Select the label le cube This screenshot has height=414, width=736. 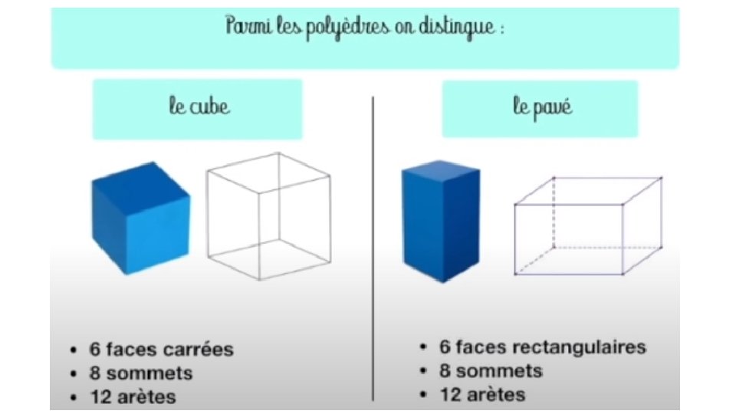pos(199,107)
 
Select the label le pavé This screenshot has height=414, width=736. pos(542,107)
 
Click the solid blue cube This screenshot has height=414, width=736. pos(140,218)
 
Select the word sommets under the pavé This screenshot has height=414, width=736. pos(502,371)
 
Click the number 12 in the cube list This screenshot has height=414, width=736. pos(100,397)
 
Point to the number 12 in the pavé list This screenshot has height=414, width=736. pos(452,395)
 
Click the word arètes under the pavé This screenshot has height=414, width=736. pos(497,395)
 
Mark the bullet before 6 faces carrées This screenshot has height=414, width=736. pos(73,351)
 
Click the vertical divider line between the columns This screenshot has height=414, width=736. pos(373,245)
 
